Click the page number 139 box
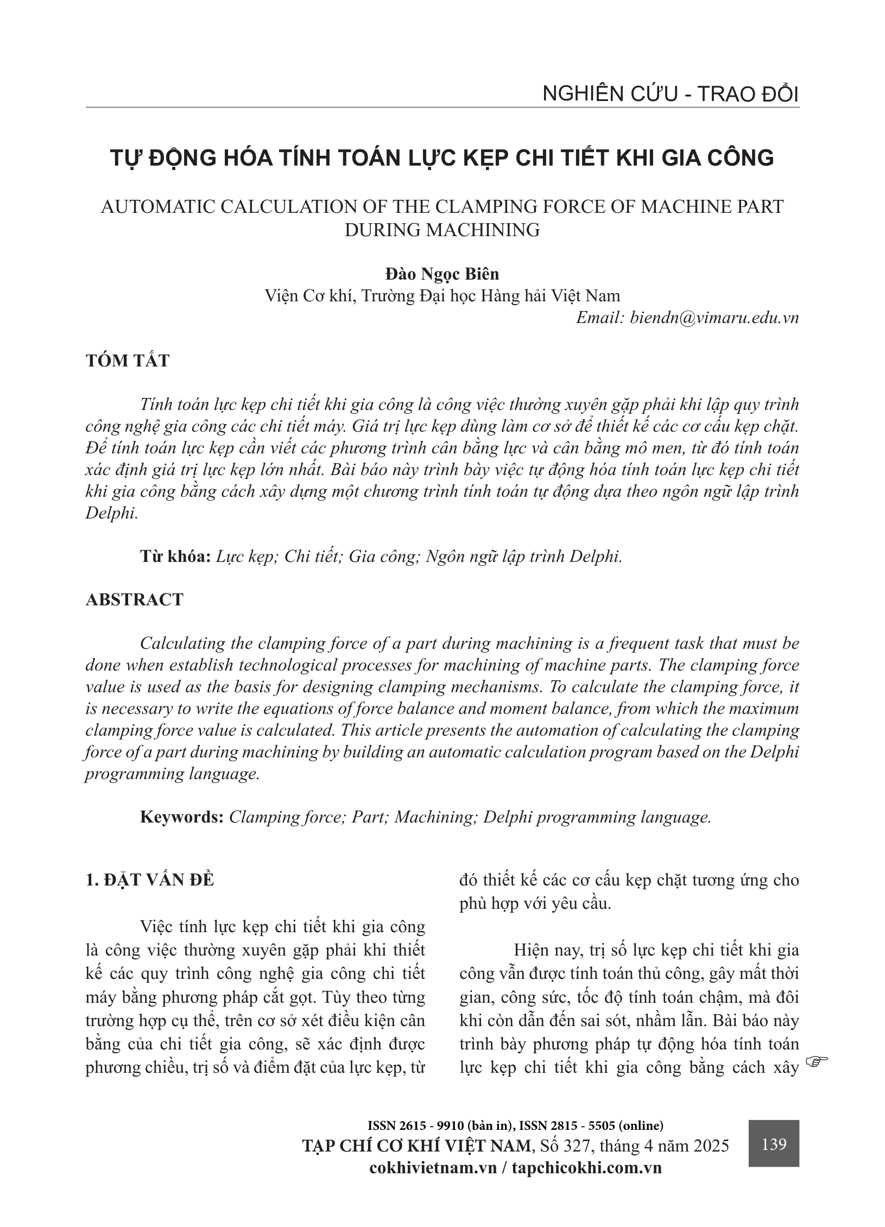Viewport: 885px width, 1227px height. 774,1144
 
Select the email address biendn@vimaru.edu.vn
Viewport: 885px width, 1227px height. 714,318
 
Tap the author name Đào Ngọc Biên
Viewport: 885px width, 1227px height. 442,274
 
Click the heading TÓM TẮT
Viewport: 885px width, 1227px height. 128,361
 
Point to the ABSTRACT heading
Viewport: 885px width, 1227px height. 135,599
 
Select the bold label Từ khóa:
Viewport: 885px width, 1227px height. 175,556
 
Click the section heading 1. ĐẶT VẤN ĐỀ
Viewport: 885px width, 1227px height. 150,880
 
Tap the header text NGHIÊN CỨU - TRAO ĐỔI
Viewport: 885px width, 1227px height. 671,94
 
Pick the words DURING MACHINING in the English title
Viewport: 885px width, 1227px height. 442,230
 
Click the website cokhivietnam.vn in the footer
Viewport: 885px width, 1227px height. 433,1167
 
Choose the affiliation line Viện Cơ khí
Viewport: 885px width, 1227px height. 442,296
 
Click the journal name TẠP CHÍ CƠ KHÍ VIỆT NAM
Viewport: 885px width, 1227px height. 416,1146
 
